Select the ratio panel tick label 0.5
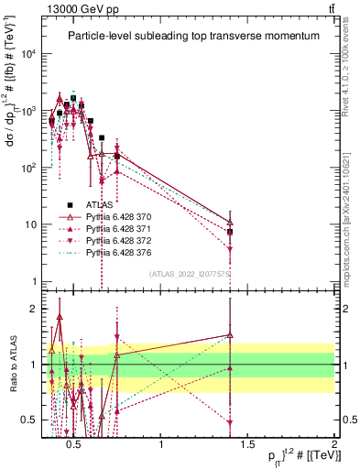[31, 420]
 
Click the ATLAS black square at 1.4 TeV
[230, 232]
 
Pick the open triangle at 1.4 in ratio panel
[230, 335]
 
